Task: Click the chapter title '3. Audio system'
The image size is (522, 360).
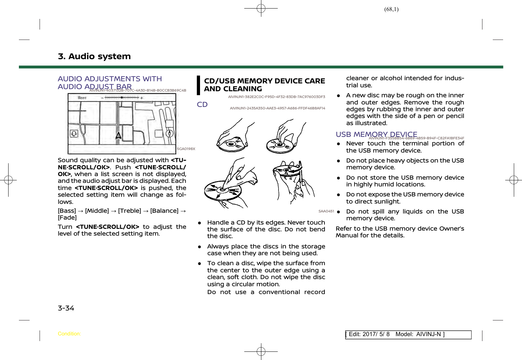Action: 94,56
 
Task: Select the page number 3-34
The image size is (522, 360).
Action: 66,308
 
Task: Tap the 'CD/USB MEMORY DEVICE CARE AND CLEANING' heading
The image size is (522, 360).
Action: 264,85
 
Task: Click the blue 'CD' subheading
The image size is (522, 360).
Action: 202,104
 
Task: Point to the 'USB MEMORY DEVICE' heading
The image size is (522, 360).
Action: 376,134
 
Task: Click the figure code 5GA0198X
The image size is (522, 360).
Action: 186,149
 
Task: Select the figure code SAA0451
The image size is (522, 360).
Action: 326,211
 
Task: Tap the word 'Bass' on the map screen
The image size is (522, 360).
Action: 82,98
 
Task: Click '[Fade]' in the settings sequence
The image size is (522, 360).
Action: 67,218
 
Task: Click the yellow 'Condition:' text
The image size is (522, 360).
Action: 69,334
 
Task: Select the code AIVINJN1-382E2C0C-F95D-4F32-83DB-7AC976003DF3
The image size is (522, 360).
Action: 276,97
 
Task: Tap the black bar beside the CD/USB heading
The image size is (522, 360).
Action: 199,85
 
